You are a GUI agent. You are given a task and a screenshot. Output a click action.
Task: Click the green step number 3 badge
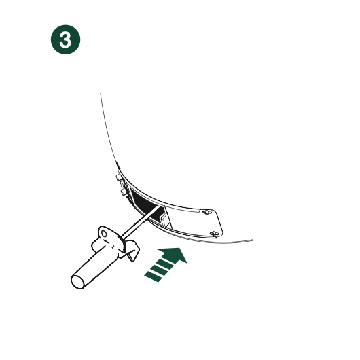coord(65,39)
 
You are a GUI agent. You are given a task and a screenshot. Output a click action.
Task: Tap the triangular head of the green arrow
coord(175,255)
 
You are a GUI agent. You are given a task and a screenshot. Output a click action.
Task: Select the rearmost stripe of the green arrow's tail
coord(154,276)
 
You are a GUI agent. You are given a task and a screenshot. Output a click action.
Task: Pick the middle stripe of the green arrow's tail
coord(159,270)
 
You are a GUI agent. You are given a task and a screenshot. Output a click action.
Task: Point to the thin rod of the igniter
coord(140,222)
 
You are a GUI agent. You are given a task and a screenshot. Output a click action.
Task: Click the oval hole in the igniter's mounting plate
coord(104,234)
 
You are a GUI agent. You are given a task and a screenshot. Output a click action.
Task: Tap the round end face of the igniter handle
coord(78,281)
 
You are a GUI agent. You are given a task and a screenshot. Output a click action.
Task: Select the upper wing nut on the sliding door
coord(206,212)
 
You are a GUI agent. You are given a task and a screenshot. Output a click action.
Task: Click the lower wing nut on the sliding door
coord(214,234)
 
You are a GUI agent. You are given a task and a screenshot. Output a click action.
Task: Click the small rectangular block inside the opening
coord(166,219)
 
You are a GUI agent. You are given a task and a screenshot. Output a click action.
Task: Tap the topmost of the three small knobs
coord(118,177)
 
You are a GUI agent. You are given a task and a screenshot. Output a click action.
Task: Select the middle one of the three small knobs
coord(122,184)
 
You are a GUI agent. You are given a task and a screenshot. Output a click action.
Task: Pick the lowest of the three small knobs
coord(124,192)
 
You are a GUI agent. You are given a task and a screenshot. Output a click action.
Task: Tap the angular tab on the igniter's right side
coord(132,250)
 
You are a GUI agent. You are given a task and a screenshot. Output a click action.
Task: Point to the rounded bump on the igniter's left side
coord(96,245)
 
